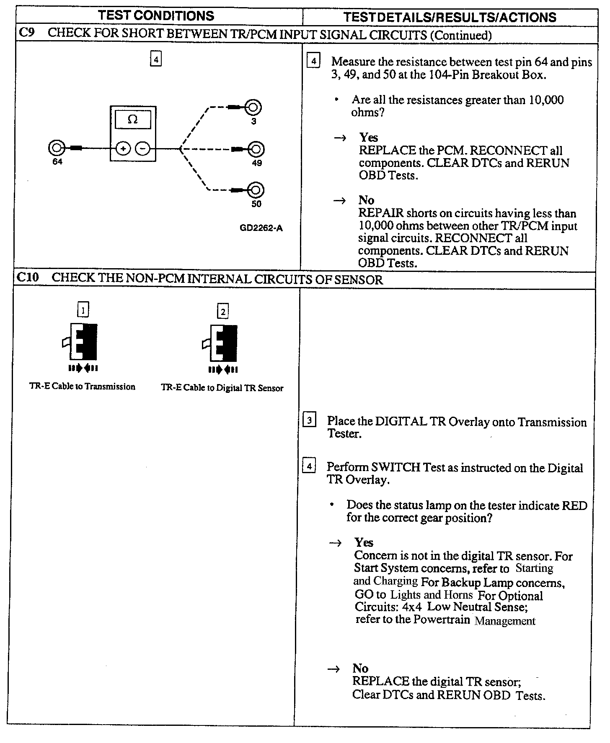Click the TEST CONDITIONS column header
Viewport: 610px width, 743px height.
156,16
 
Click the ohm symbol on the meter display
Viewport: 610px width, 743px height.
132,120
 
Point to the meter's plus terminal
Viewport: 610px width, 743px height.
123,149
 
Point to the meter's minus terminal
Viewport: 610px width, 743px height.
142,149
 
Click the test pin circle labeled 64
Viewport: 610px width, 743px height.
57,148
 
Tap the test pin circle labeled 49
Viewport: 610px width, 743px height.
256,149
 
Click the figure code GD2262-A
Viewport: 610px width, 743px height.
261,228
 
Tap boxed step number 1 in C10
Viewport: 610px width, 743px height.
83,310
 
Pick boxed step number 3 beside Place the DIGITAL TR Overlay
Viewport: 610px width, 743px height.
309,420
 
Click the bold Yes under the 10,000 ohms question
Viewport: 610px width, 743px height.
368,137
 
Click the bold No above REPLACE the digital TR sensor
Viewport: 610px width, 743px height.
360,668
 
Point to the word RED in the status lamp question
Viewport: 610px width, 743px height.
574,505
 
